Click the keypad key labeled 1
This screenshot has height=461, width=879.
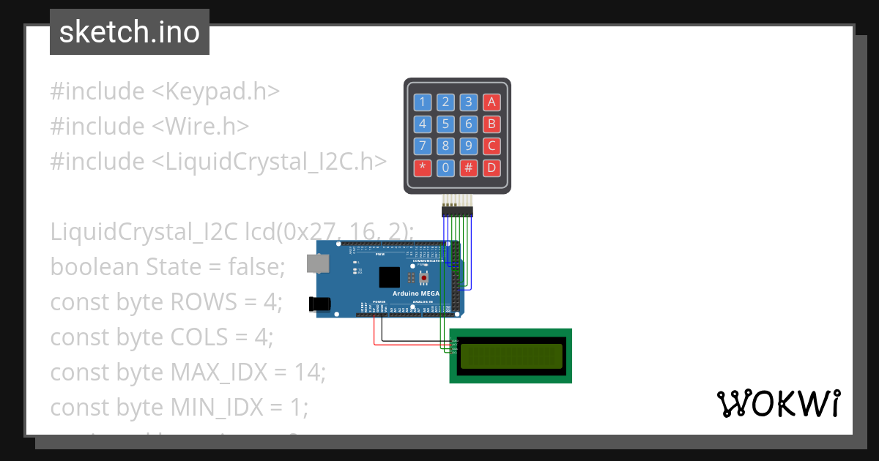coord(422,102)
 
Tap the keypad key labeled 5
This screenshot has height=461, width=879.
coord(445,124)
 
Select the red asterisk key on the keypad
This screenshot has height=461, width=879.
coord(422,168)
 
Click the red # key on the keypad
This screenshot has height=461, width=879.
coord(469,168)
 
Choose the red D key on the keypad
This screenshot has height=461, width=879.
coord(492,168)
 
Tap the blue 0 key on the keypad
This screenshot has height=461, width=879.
coord(445,168)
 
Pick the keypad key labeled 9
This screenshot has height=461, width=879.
coord(469,146)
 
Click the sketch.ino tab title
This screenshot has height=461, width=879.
coord(130,32)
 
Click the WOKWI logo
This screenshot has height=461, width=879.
coord(778,403)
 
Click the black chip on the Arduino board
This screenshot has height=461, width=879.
coord(390,277)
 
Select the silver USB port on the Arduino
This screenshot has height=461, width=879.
coord(317,263)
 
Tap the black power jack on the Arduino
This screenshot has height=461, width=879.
coord(320,302)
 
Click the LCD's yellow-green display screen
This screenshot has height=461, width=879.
coord(511,355)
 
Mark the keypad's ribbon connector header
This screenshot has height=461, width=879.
coord(458,211)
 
